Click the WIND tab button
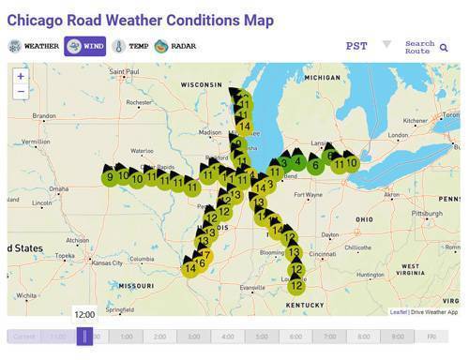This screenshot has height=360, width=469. (x=84, y=46)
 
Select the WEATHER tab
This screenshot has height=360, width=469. (x=35, y=46)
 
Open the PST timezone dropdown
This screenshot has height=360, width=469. (x=369, y=46)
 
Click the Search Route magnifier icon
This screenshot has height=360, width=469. (x=444, y=47)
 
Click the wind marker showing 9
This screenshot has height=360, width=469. (x=111, y=175)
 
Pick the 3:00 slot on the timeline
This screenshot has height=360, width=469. (x=193, y=336)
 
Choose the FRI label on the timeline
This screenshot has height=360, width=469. (x=431, y=336)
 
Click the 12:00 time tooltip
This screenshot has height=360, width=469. (x=84, y=315)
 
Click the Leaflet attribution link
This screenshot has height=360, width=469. (x=399, y=311)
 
